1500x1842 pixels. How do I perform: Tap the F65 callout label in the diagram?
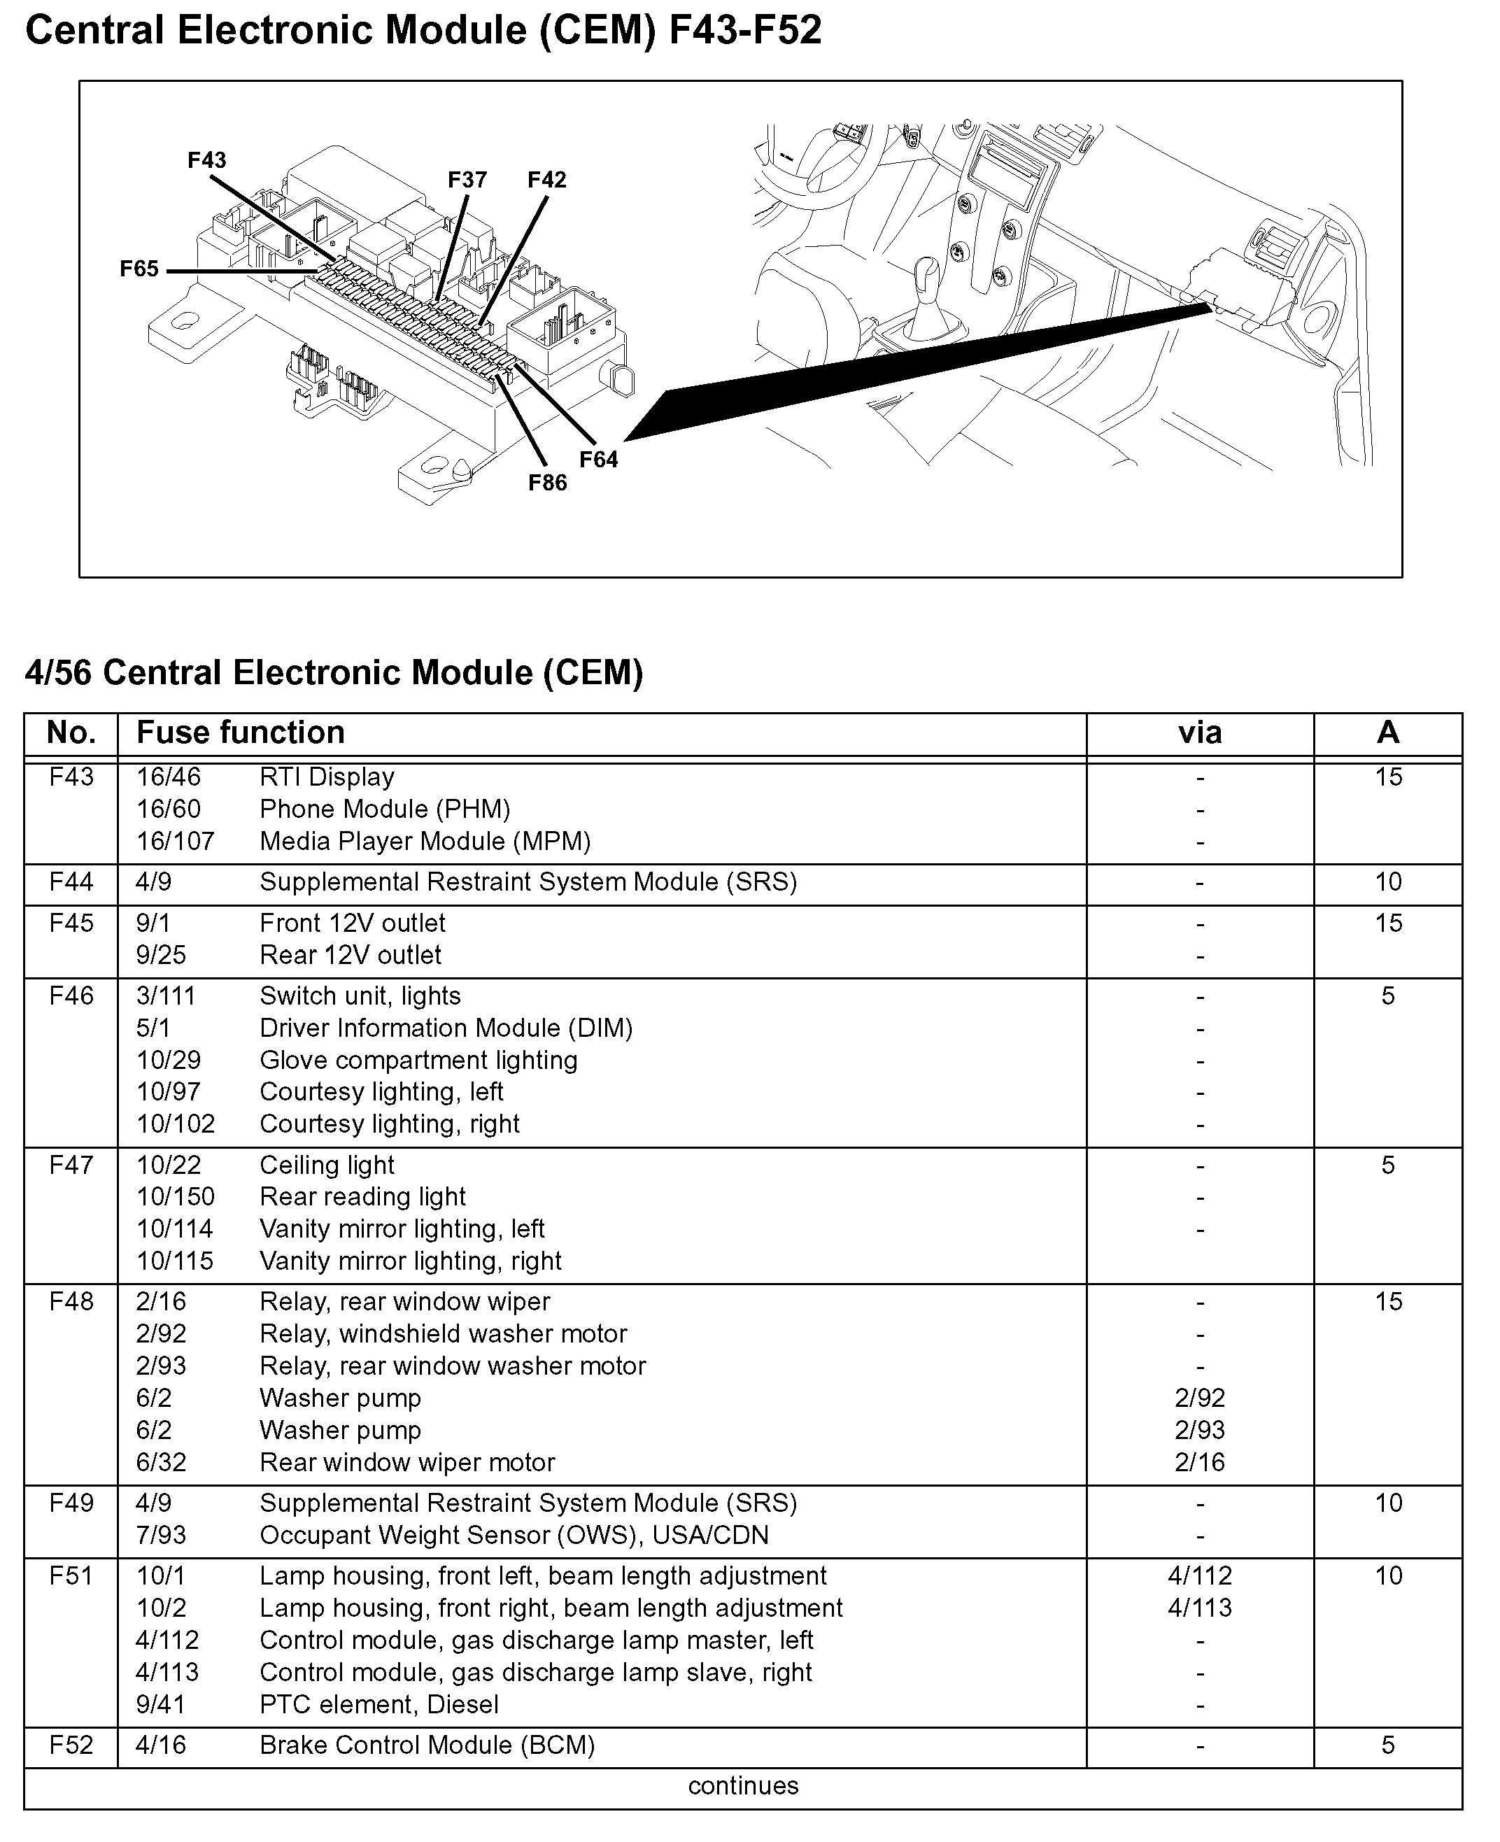point(139,269)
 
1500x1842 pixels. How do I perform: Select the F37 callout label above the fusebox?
point(467,180)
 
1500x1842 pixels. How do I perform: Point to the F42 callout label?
point(547,180)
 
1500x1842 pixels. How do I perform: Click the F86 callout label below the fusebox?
point(548,483)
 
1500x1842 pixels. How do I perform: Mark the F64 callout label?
point(599,460)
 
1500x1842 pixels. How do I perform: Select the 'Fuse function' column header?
point(240,732)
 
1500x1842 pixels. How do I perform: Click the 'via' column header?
point(1199,732)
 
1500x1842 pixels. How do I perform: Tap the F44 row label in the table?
point(71,881)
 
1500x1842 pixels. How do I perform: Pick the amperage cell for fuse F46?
point(1387,996)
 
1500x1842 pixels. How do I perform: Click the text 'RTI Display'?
point(327,777)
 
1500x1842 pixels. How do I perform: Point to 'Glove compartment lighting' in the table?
point(418,1060)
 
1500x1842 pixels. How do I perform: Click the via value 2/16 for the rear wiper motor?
point(1199,1462)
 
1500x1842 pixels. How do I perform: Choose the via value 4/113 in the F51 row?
point(1199,1608)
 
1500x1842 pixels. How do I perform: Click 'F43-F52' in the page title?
point(745,31)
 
